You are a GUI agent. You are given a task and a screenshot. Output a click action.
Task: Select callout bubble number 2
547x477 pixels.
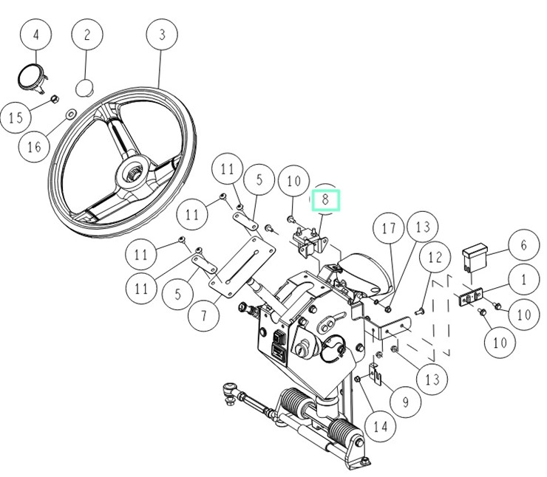pos(87,35)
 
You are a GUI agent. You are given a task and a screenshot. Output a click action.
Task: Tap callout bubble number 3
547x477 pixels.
pos(161,35)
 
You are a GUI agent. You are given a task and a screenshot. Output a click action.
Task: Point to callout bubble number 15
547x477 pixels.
pos(16,117)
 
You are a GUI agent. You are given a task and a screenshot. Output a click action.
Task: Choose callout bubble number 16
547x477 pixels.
pos(35,146)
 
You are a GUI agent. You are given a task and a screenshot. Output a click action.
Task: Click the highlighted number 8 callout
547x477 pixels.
pos(325,199)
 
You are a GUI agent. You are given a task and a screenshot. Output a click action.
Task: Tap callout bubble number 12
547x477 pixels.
pos(434,258)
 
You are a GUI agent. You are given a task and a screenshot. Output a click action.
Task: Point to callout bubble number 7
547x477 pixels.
pos(203,315)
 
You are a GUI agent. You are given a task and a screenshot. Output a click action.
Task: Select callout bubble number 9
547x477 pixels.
pos(406,402)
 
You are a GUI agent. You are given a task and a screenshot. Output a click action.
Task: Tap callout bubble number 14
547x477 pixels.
pos(380,426)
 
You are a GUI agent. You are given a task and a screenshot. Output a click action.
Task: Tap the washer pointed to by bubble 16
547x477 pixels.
pos(69,114)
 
